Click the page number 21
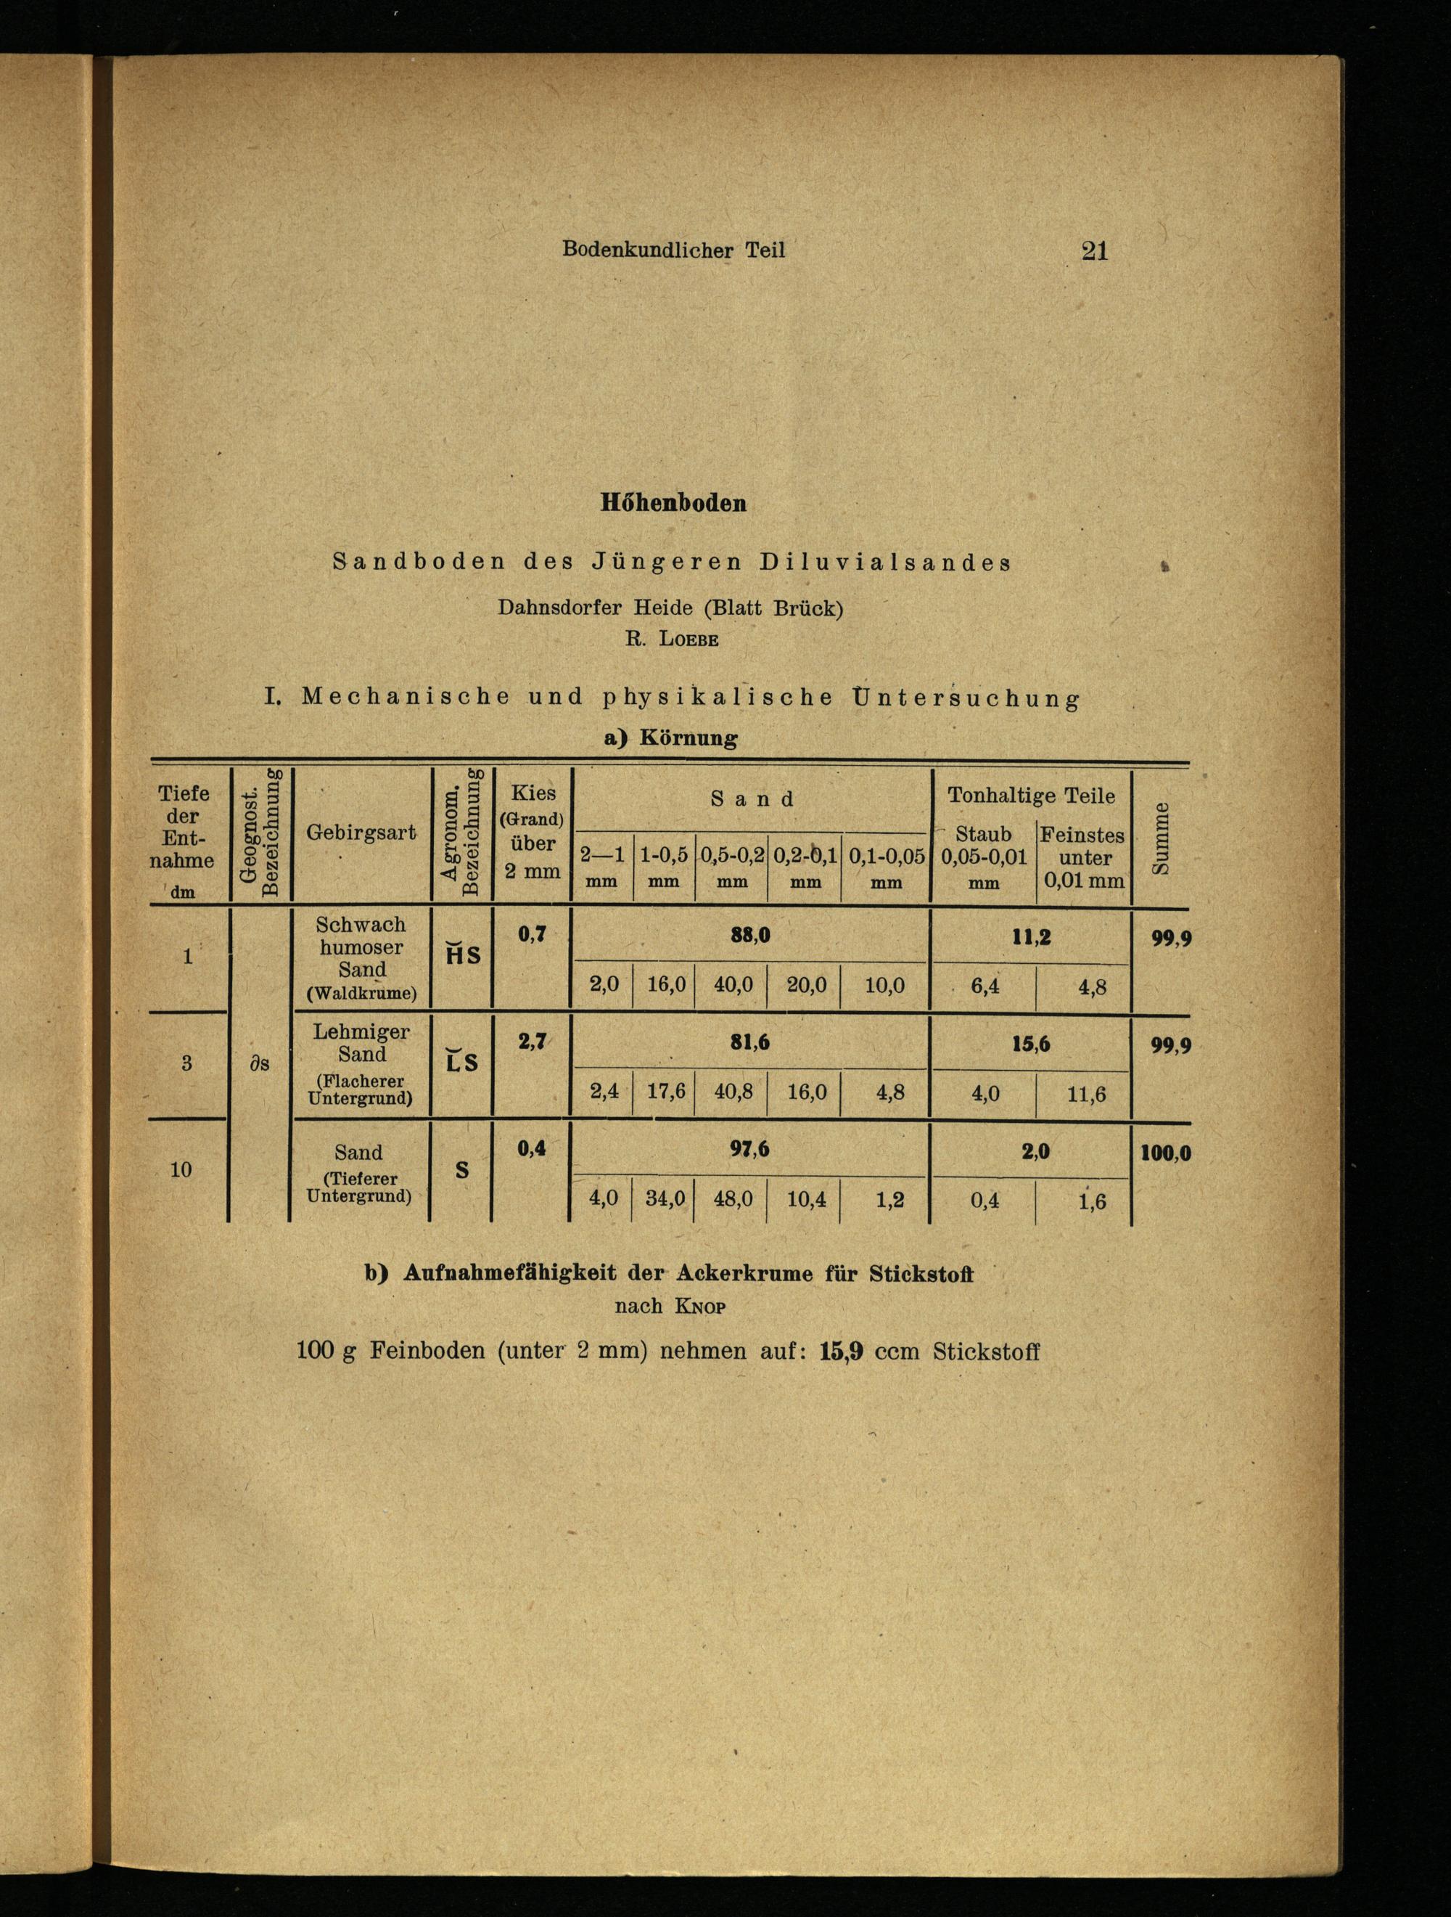(x=1095, y=251)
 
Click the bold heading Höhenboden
(x=673, y=504)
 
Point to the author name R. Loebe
(x=673, y=639)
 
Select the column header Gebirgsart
(x=361, y=832)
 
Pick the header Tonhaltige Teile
(x=1031, y=796)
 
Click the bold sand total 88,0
(x=749, y=936)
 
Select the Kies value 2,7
(x=532, y=1042)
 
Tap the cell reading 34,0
(x=665, y=1198)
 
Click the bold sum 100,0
(x=1166, y=1153)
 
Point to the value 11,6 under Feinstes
(x=1086, y=1095)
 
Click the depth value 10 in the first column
(x=181, y=1169)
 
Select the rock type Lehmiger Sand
(x=362, y=1042)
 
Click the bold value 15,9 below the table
(x=840, y=1352)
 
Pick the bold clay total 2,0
(x=1035, y=1152)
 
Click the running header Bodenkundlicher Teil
(x=673, y=250)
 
